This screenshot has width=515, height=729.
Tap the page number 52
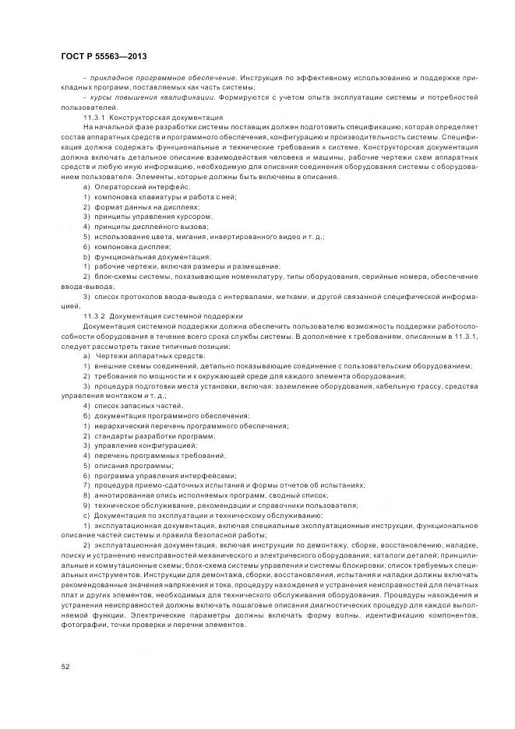[x=65, y=664]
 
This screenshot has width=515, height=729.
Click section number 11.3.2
[x=94, y=315]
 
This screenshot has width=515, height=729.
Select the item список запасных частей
[x=128, y=406]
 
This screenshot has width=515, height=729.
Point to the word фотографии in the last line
[x=86, y=623]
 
